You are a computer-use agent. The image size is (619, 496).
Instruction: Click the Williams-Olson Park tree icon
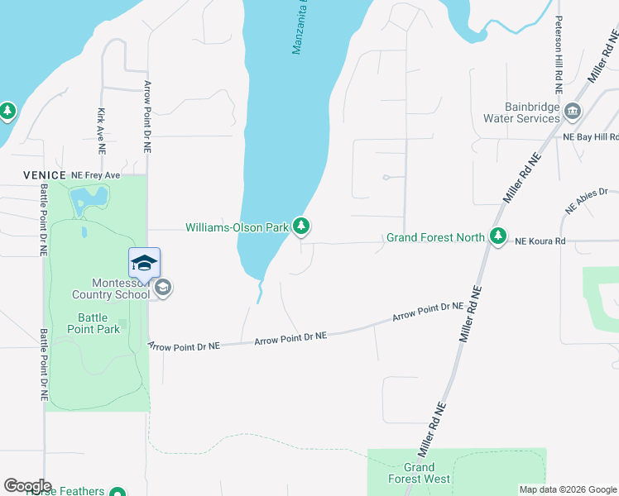click(302, 226)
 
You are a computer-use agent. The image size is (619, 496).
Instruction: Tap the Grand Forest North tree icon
click(498, 237)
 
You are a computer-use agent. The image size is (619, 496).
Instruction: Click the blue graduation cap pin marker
click(144, 264)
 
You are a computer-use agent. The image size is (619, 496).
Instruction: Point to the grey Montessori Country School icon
click(163, 288)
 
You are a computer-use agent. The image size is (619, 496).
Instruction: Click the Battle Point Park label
click(99, 323)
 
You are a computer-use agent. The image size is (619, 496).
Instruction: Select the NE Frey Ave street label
click(95, 175)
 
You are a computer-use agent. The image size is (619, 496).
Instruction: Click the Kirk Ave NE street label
click(101, 131)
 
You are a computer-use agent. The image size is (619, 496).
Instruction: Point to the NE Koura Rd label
click(540, 241)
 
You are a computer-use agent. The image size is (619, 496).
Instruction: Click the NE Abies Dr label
click(587, 200)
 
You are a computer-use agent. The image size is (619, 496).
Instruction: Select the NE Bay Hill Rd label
click(591, 136)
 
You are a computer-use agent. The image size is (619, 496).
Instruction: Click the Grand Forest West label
click(420, 473)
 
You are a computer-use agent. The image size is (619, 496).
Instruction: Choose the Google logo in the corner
click(27, 486)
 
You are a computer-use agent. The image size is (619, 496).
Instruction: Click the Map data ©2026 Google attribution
click(568, 489)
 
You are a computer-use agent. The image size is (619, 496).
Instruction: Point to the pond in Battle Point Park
click(89, 199)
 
